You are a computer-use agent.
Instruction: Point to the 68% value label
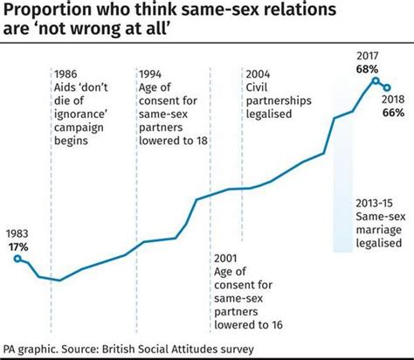coord(366,68)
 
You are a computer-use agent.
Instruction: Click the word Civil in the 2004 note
coord(260,88)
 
